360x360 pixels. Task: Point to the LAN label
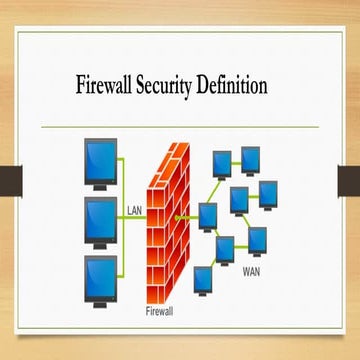[136, 210]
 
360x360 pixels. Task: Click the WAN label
[252, 267]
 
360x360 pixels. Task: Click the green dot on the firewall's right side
[177, 217]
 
